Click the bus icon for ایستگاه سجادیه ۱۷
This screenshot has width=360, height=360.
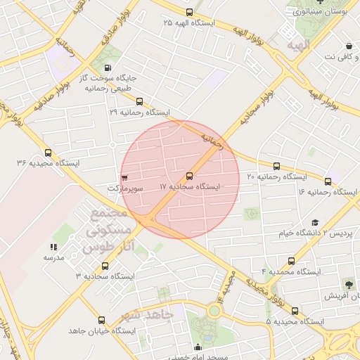click(x=189, y=176)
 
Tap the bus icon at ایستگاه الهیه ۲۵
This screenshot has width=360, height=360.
click(x=188, y=12)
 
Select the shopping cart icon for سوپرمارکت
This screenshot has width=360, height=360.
click(x=124, y=178)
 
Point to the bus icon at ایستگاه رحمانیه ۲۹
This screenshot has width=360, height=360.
click(x=139, y=101)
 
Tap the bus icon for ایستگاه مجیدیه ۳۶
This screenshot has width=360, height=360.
click(x=48, y=153)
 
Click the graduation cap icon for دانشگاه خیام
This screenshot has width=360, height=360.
click(x=314, y=222)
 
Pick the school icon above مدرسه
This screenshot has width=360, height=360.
click(x=53, y=247)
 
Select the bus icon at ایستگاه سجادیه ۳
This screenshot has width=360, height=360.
click(x=105, y=266)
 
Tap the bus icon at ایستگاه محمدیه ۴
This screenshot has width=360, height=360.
click(x=291, y=260)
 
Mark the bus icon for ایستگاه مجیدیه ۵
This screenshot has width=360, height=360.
click(x=295, y=310)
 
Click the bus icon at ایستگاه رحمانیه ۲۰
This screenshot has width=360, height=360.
click(x=276, y=167)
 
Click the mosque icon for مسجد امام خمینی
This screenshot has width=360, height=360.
click(x=198, y=347)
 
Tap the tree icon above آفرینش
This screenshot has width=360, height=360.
click(x=348, y=284)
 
